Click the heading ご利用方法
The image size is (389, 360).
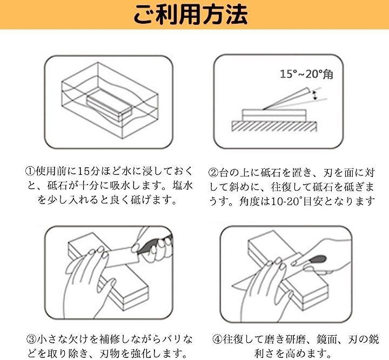point(191,15)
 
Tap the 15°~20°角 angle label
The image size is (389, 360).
point(306,74)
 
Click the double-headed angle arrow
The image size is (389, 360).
point(314,96)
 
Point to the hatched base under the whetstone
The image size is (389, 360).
point(274,126)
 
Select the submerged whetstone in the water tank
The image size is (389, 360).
point(109,105)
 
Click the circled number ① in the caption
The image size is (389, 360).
point(30,171)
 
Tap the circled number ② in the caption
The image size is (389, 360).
point(213,173)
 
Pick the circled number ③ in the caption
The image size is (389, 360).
point(31,339)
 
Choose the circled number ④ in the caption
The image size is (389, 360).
point(217,339)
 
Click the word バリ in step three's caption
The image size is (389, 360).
point(170,339)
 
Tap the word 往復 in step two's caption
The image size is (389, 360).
point(281,187)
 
